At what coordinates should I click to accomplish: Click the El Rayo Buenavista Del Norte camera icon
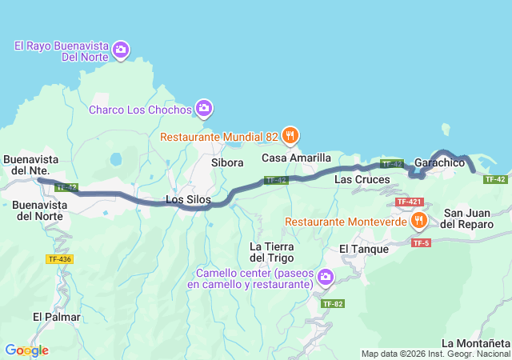pyautogui.click(x=121, y=50)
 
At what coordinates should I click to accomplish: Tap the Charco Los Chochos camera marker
pyautogui.click(x=204, y=108)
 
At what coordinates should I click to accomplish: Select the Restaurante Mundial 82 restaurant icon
pyautogui.click(x=290, y=135)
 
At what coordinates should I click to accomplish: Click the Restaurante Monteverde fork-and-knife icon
pyautogui.click(x=418, y=219)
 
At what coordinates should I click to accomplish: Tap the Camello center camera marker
pyautogui.click(x=325, y=278)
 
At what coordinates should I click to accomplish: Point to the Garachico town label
pyautogui.click(x=440, y=162)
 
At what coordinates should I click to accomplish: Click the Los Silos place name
pyautogui.click(x=186, y=198)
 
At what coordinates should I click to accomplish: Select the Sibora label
pyautogui.click(x=227, y=162)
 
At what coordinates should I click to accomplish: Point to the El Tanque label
pyautogui.click(x=363, y=249)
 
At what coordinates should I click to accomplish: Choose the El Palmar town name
pyautogui.click(x=57, y=317)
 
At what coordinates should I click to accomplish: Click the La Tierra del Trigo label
pyautogui.click(x=273, y=251)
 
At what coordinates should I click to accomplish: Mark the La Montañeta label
pyautogui.click(x=475, y=343)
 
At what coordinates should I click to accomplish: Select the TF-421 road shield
pyautogui.click(x=409, y=202)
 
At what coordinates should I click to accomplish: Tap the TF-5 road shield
pyautogui.click(x=421, y=242)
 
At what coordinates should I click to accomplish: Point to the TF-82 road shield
pyautogui.click(x=333, y=304)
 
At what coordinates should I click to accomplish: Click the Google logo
pyautogui.click(x=26, y=350)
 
